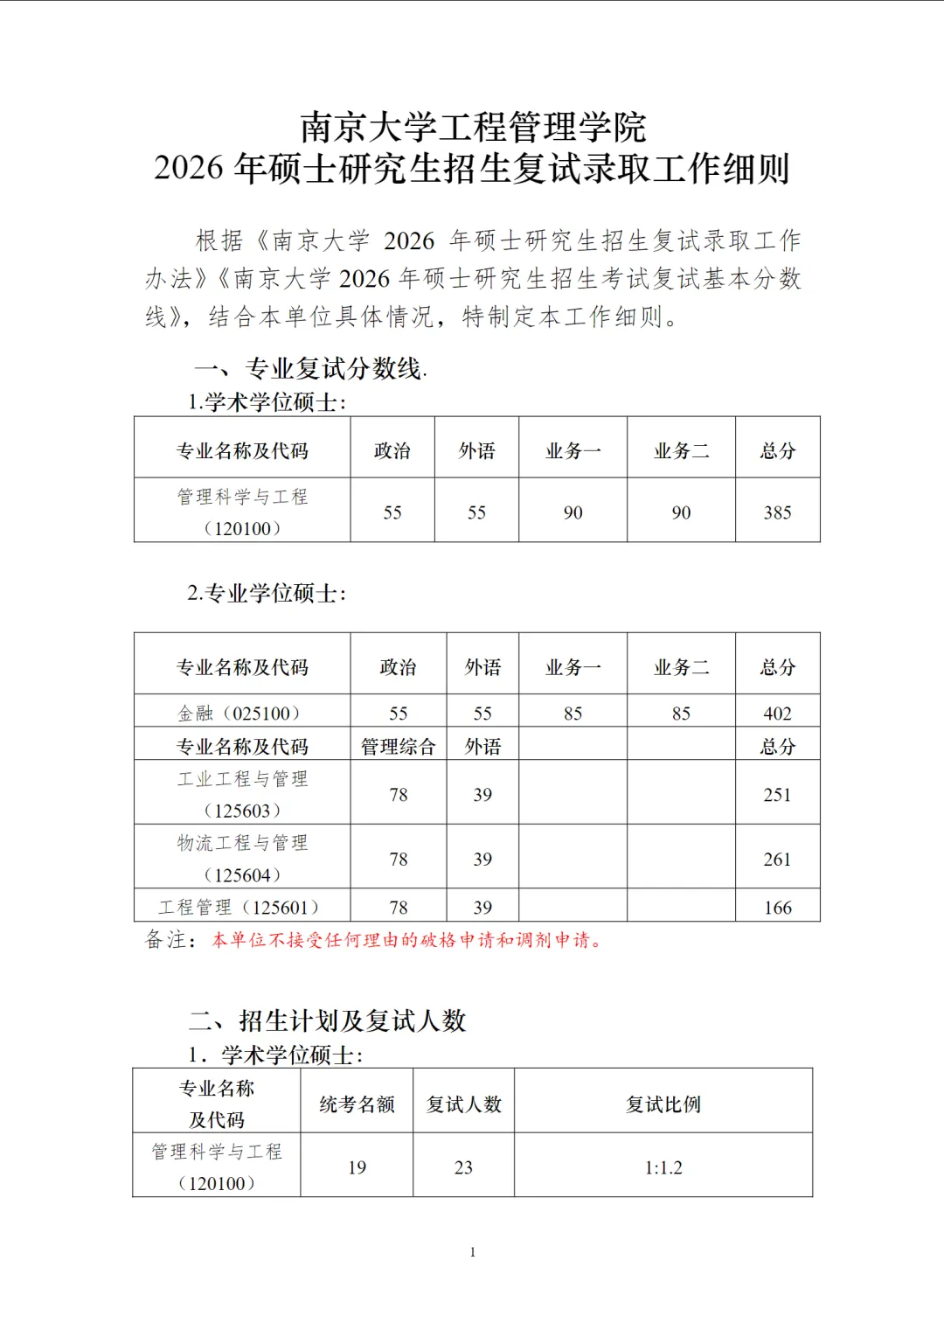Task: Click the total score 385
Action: coord(777,512)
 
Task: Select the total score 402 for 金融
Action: coord(777,714)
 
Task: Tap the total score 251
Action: coord(777,795)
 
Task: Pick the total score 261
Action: coord(777,860)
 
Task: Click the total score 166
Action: coord(777,908)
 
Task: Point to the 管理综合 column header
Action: coord(398,747)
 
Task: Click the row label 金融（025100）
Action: coord(241,714)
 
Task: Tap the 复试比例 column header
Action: coord(663,1104)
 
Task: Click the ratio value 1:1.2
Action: coord(663,1167)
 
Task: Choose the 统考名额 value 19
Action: coord(357,1167)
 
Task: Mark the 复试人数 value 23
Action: coord(463,1167)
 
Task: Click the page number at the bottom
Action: coord(473,1252)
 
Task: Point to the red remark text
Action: coord(407,941)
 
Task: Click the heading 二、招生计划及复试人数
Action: coord(329,1020)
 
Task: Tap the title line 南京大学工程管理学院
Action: coord(473,128)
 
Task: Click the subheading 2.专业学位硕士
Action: coord(267,594)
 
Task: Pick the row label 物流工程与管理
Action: coord(242,843)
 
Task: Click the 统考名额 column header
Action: coord(357,1104)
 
